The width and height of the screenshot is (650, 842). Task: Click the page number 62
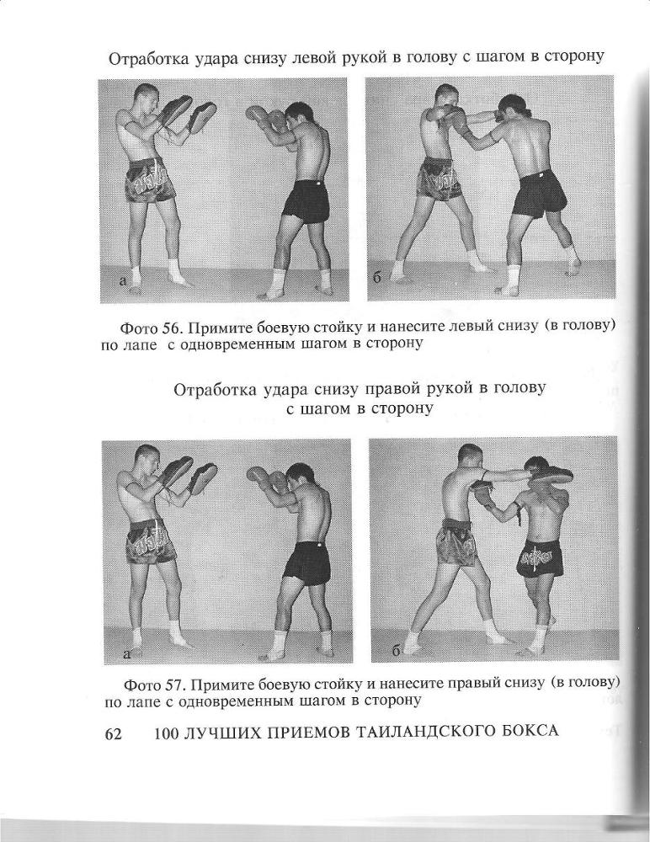click(x=113, y=733)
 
